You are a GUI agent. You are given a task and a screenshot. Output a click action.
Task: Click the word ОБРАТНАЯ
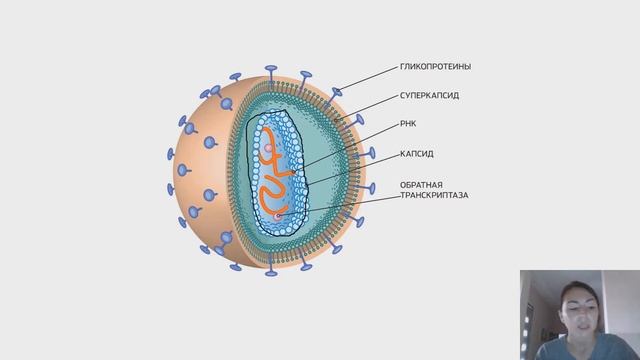395,184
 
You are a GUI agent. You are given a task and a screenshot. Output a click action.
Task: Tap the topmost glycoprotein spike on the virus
271,71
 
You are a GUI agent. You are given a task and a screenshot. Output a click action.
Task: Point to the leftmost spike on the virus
170,156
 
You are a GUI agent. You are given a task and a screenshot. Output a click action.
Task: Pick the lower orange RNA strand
273,191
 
